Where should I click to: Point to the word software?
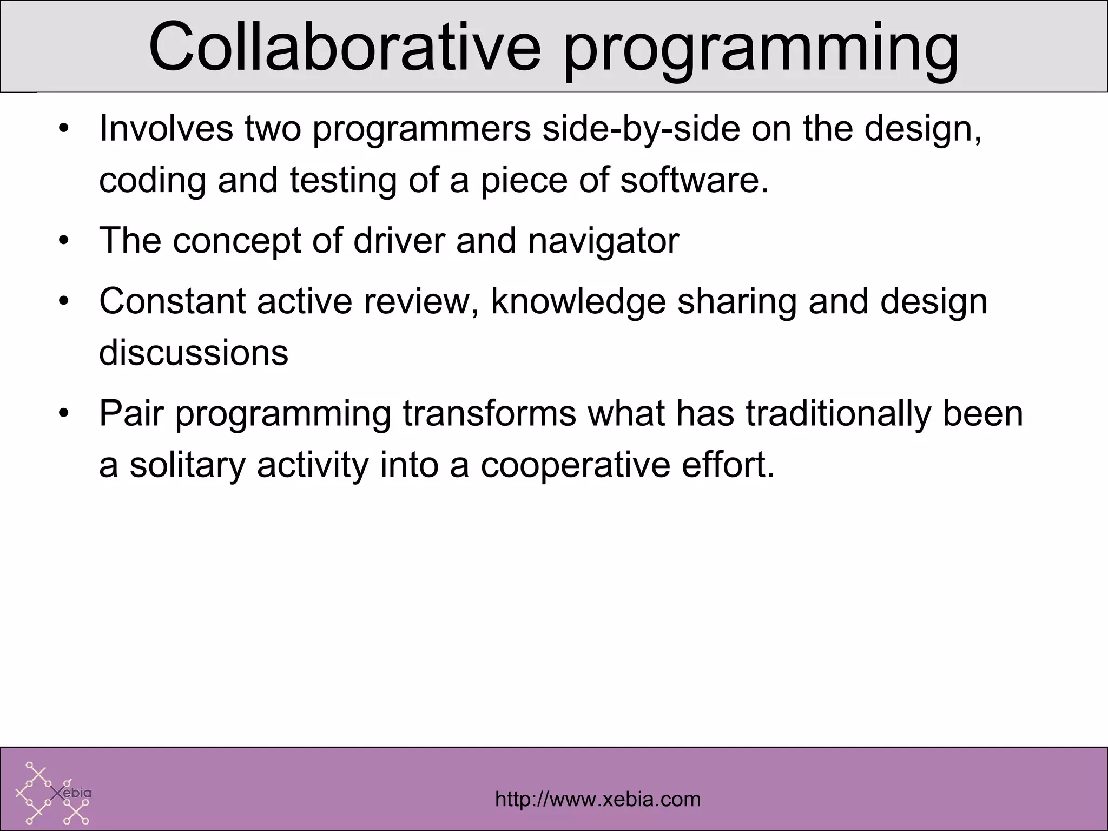pyautogui.click(x=694, y=180)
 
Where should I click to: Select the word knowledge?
pyautogui.click(x=578, y=302)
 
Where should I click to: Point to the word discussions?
pyautogui.click(x=193, y=352)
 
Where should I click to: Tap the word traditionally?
pyautogui.click(x=839, y=414)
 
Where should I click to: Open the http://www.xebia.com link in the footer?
pyautogui.click(x=597, y=799)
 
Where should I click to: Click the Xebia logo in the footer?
pyautogui.click(x=54, y=793)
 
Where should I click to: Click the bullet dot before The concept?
pyautogui.click(x=64, y=241)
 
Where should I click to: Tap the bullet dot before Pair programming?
pyautogui.click(x=64, y=415)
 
